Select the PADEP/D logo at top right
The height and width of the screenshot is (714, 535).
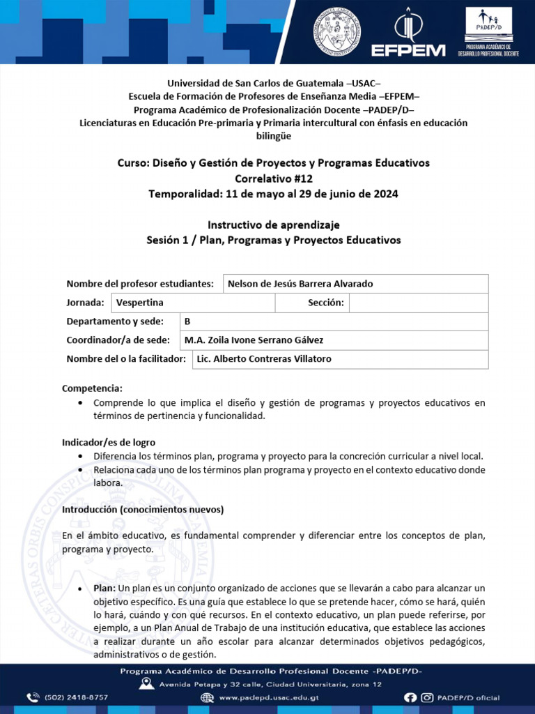488,32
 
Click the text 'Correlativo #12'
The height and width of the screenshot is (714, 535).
273,178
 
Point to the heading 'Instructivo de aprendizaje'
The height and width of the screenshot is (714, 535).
273,225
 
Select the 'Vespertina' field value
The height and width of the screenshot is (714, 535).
140,303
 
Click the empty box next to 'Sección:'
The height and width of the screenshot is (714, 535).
418,303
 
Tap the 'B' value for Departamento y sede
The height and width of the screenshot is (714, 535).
187,321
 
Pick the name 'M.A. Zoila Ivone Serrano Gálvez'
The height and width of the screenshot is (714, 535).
254,340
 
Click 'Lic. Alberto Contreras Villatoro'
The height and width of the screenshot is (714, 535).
264,359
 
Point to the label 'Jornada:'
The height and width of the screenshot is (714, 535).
86,303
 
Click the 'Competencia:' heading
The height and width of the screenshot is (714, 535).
92,388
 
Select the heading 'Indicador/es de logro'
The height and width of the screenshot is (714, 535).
109,443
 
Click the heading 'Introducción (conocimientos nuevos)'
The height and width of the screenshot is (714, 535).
143,510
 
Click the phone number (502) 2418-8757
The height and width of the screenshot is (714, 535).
76,697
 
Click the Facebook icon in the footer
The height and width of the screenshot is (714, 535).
410,697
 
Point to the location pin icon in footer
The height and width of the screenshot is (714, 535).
146,684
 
